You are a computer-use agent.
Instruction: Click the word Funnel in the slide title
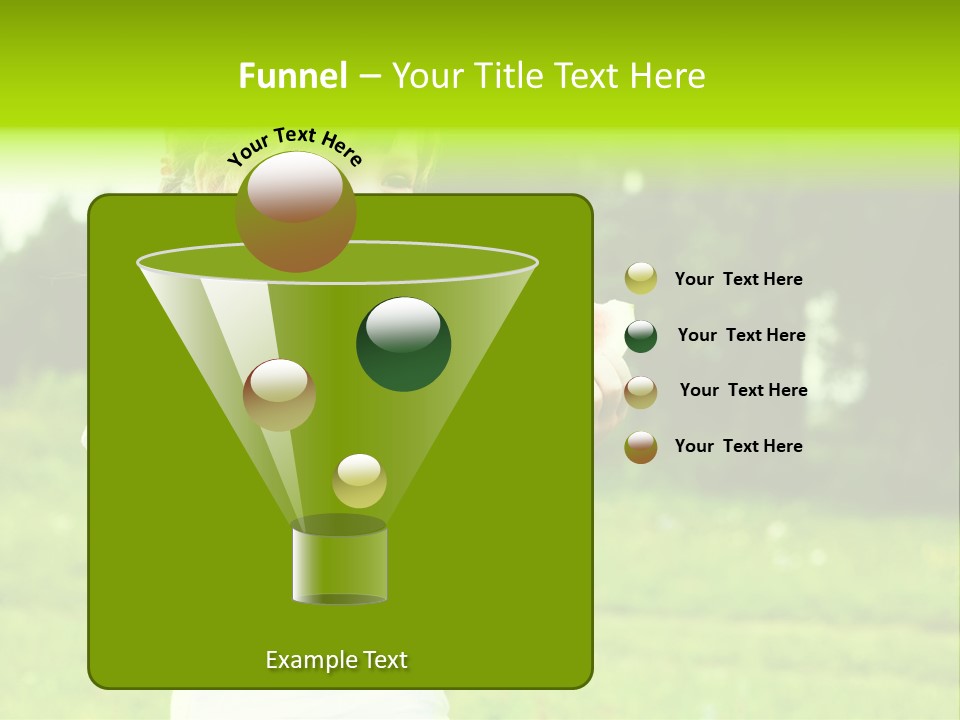click(x=292, y=76)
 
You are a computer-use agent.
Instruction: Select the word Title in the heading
click(x=508, y=76)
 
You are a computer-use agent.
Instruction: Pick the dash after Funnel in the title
click(x=368, y=77)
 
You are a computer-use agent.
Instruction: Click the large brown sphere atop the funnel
click(x=296, y=212)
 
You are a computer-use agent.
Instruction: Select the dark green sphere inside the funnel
click(x=404, y=344)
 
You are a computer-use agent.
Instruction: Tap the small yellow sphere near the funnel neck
click(x=359, y=481)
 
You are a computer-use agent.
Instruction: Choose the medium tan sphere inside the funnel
click(x=280, y=395)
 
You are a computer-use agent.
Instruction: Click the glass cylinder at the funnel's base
click(x=340, y=565)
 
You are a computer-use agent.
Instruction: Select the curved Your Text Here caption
click(x=295, y=146)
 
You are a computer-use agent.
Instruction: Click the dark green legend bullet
click(x=641, y=336)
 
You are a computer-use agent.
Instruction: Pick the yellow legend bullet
click(x=641, y=279)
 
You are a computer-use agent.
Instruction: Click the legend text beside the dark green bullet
click(x=741, y=335)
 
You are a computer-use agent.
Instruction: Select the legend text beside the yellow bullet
click(x=739, y=279)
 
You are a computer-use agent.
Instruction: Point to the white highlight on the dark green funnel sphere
click(x=404, y=324)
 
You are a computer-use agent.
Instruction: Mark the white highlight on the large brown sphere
click(x=295, y=186)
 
